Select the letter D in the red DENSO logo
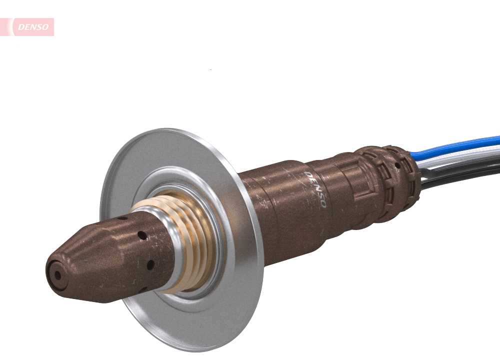click(21, 27)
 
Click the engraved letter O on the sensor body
click(323, 205)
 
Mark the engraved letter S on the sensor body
click(319, 197)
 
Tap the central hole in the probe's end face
click(57, 274)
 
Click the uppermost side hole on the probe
click(121, 218)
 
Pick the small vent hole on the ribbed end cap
click(398, 164)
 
